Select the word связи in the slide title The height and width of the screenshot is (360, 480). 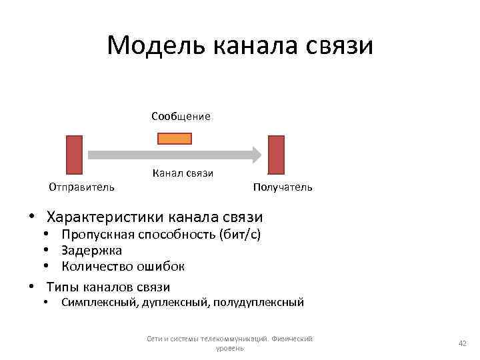[x=341, y=46]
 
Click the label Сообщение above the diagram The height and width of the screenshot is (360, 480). [x=181, y=117]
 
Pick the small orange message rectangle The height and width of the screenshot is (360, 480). [x=175, y=139]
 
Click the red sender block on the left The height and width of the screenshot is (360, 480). [x=75, y=155]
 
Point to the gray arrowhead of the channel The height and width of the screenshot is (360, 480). [x=255, y=155]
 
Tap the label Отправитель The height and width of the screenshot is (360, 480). [x=81, y=187]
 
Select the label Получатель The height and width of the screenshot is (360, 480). [x=283, y=187]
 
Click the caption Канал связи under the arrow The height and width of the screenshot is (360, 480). [x=183, y=174]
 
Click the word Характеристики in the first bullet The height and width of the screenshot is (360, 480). [x=105, y=217]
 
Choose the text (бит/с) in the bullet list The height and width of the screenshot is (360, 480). [x=241, y=235]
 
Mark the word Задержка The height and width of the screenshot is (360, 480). [x=91, y=251]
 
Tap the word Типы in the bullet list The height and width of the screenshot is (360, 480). [x=63, y=287]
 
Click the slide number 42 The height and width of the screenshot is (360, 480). [x=461, y=343]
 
